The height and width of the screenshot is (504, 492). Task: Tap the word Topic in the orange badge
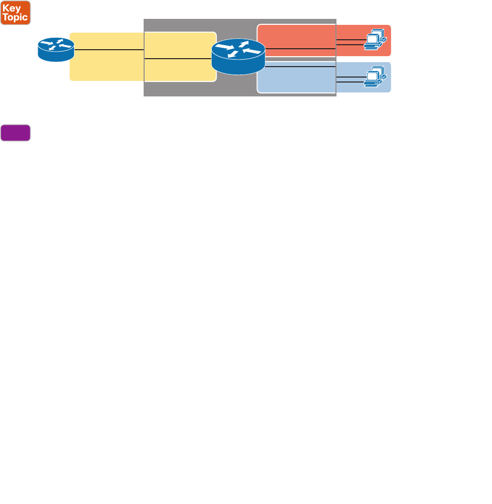(x=15, y=17)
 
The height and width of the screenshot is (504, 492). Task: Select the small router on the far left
(x=56, y=50)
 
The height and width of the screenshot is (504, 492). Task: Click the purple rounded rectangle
(x=15, y=133)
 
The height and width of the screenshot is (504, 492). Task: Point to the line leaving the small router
(x=109, y=50)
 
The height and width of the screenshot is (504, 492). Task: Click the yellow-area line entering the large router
(x=179, y=59)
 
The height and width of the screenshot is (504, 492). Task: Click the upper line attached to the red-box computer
(x=350, y=40)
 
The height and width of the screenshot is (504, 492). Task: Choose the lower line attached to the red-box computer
(x=350, y=45)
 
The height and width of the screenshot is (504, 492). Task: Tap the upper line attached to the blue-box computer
(x=350, y=77)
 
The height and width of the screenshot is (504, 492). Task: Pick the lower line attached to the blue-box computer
(x=350, y=82)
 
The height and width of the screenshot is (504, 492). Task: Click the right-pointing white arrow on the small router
(x=47, y=43)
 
